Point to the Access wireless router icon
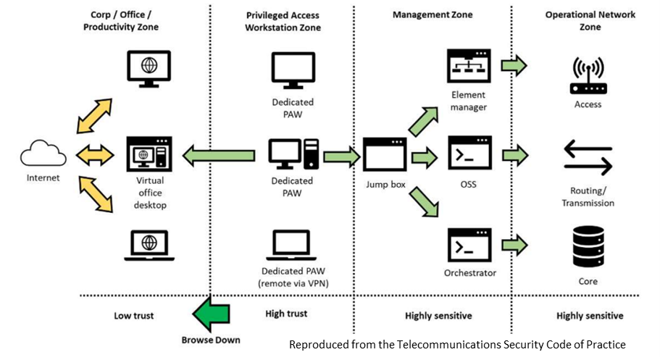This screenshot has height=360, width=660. (x=588, y=77)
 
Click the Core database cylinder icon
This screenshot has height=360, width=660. (x=588, y=247)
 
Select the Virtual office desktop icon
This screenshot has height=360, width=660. (x=149, y=154)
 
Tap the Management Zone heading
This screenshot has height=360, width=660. (x=432, y=14)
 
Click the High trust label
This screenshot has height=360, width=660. (x=286, y=314)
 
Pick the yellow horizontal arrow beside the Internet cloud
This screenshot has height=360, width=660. (x=95, y=154)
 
